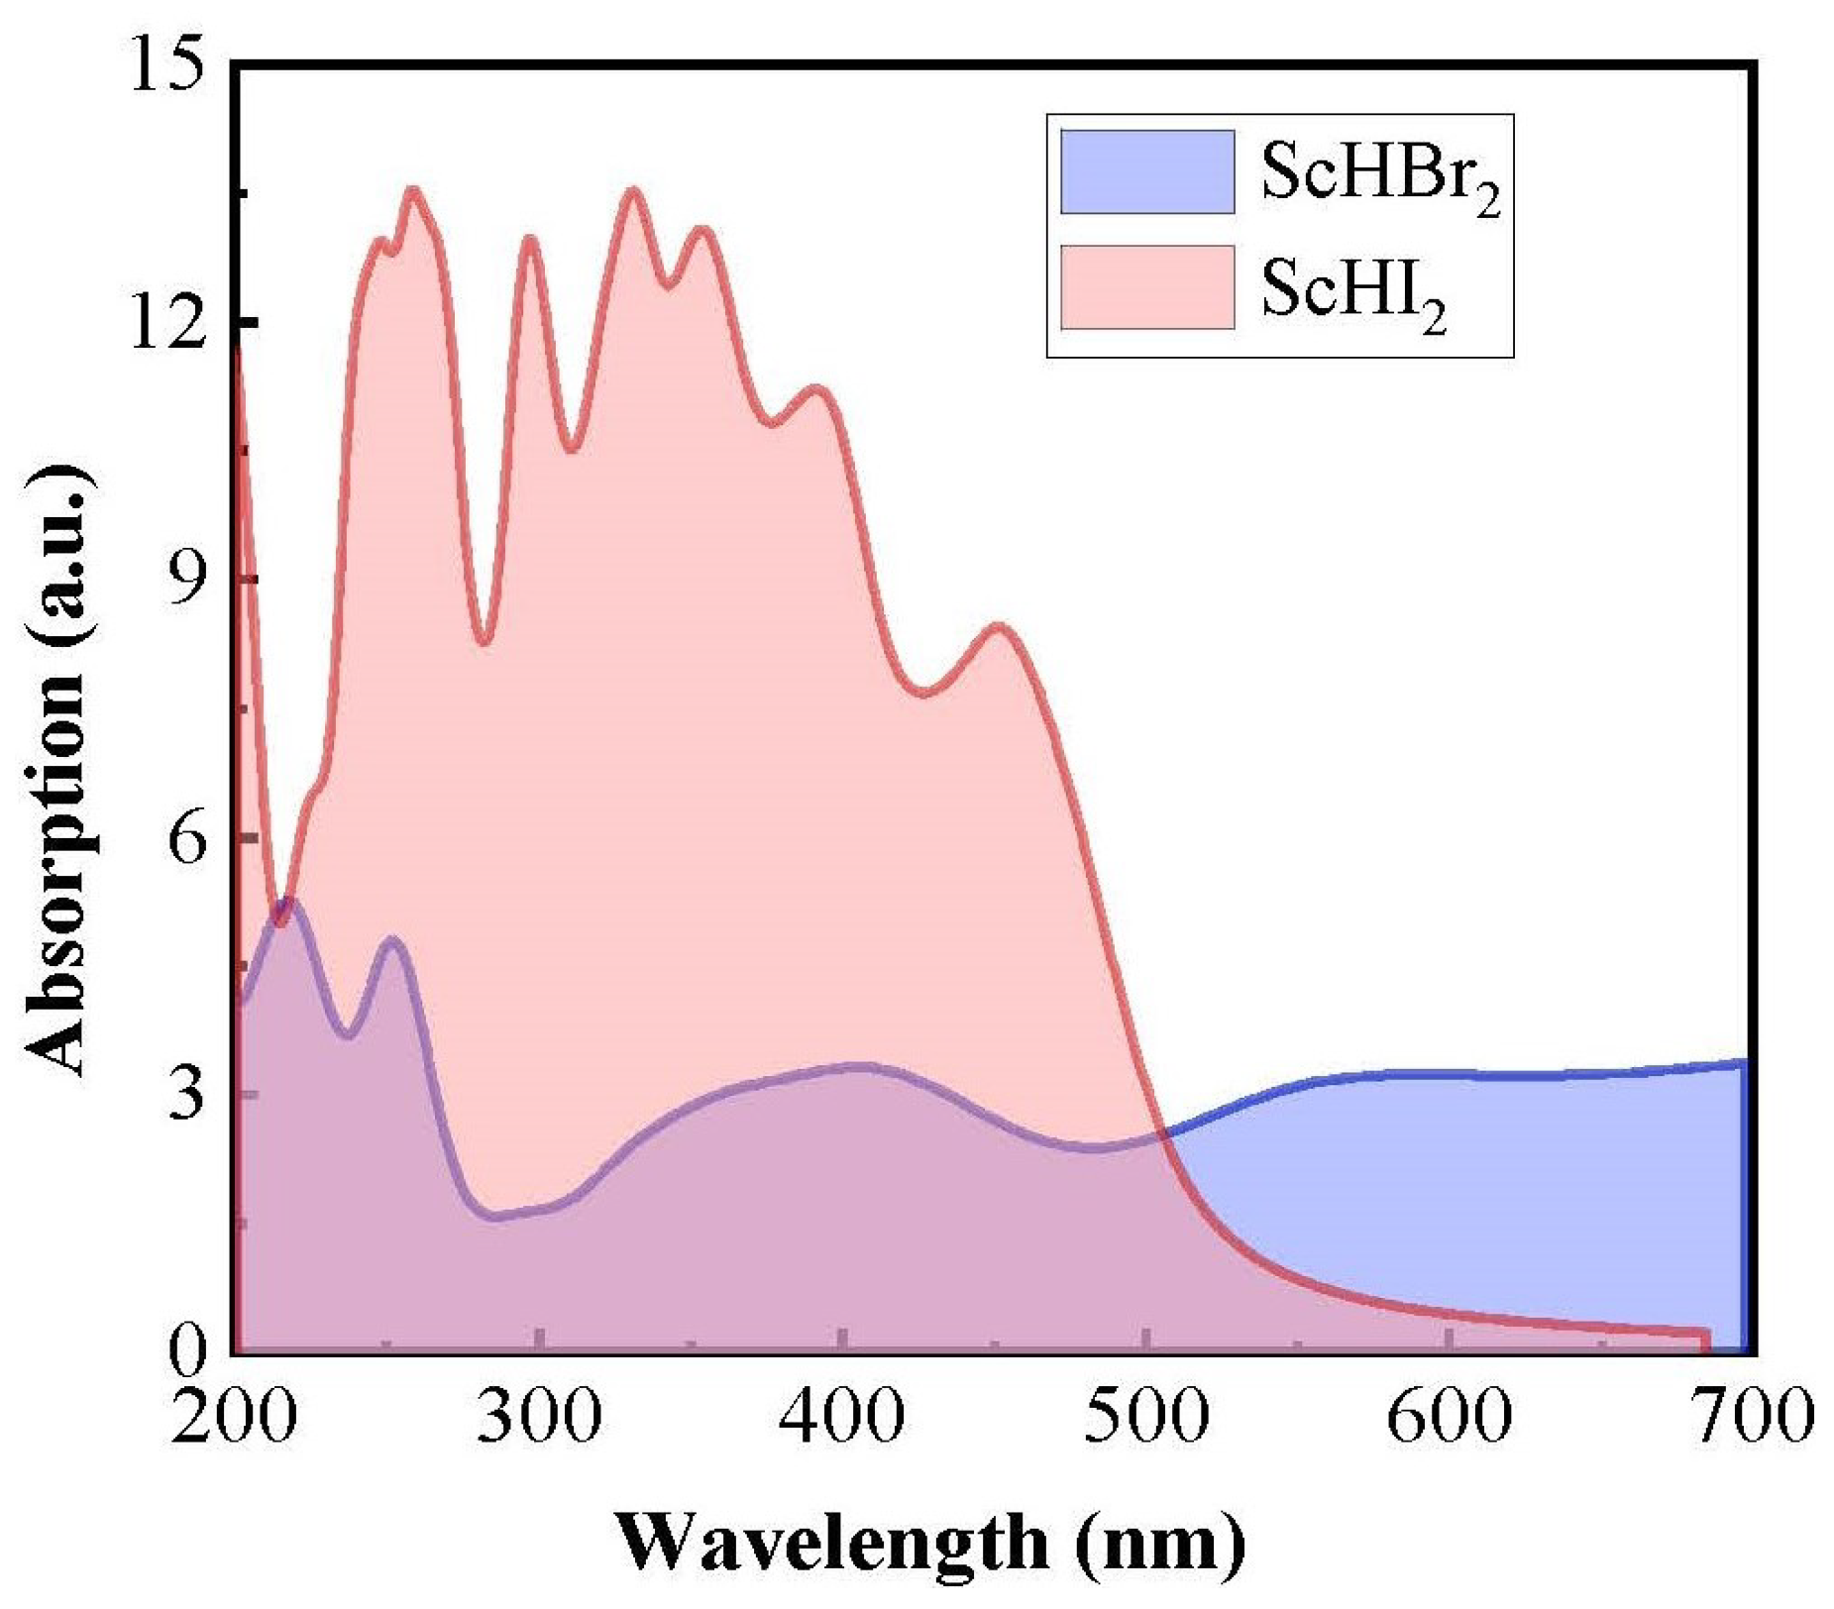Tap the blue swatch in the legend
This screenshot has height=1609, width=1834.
[x=1146, y=171]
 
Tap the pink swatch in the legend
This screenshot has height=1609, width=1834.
[x=1146, y=287]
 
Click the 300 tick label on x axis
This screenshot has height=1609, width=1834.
[x=538, y=1416]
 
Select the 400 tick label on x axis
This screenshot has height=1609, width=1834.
[x=841, y=1416]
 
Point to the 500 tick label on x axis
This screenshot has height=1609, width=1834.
[x=1145, y=1416]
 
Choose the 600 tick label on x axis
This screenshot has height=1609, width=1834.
[x=1449, y=1416]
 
